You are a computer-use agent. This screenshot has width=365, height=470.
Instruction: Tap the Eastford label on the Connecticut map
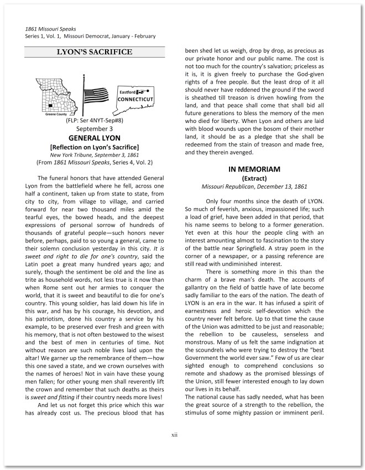coord(127,91)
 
